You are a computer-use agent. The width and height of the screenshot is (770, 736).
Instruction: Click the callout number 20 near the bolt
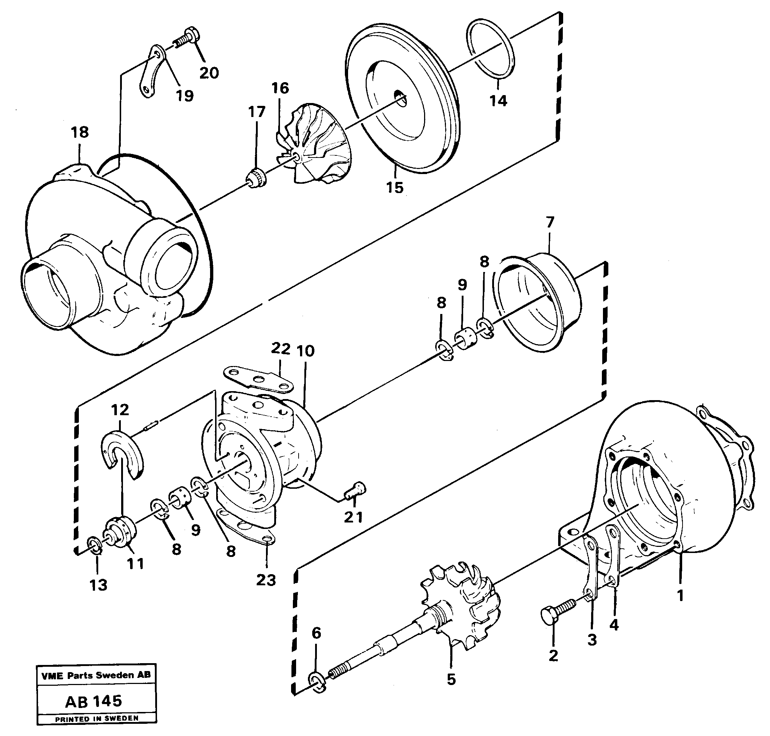click(209, 72)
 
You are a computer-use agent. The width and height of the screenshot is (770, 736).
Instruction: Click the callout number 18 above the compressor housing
click(80, 132)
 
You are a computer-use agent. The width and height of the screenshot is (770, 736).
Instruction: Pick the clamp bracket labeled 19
click(153, 71)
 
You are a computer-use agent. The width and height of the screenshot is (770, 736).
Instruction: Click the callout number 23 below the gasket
click(266, 580)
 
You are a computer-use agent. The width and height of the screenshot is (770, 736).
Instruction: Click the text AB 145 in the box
click(94, 701)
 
